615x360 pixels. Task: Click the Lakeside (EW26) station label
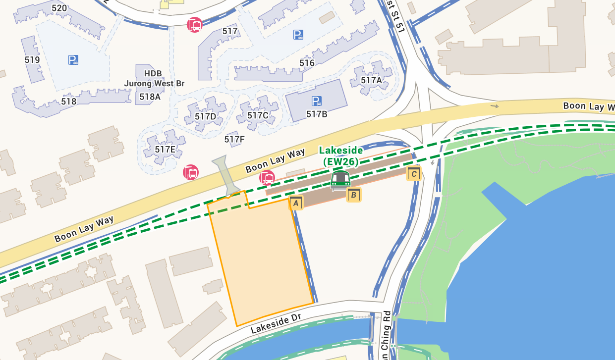(x=340, y=155)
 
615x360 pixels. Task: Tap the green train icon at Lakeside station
(x=340, y=180)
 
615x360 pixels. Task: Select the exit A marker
(x=296, y=202)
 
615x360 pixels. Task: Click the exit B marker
(x=353, y=195)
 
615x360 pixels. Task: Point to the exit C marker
(x=414, y=173)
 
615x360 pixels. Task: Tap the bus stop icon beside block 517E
(x=191, y=172)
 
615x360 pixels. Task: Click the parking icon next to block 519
(x=73, y=60)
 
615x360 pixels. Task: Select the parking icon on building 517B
(x=316, y=102)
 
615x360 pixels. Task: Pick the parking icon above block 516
(x=298, y=35)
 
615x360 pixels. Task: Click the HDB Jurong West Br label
(x=154, y=79)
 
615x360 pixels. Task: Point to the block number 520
(x=59, y=8)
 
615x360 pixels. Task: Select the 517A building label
(x=371, y=80)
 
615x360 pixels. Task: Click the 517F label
(x=234, y=139)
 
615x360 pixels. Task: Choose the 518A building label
(x=150, y=97)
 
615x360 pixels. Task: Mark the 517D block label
(x=205, y=116)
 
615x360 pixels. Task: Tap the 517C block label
(x=258, y=115)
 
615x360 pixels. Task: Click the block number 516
(x=307, y=63)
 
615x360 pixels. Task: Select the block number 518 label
(x=68, y=102)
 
